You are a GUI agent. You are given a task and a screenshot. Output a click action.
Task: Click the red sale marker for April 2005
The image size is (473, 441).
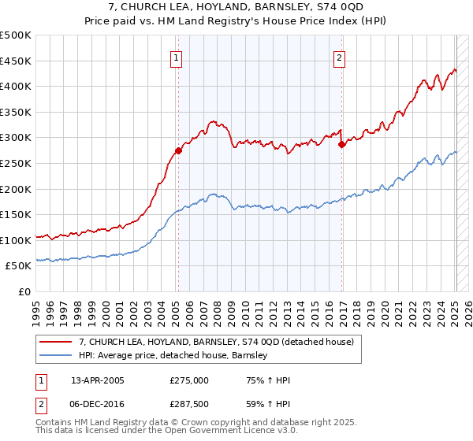pos(179,150)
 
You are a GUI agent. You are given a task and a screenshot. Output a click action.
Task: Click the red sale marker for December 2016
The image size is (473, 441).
pos(342,144)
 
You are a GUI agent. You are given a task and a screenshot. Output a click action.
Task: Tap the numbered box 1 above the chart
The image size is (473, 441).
pos(176,57)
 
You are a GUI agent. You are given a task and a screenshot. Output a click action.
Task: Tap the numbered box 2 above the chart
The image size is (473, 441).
pos(339,57)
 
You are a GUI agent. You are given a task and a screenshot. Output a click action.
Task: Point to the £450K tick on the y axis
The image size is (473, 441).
pos(16,61)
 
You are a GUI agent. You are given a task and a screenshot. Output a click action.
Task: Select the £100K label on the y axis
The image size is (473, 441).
pos(16,240)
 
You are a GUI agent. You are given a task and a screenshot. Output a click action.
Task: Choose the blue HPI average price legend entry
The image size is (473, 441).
pos(173,355)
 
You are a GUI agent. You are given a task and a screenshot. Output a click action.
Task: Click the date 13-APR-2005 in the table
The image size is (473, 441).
pos(98,380)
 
